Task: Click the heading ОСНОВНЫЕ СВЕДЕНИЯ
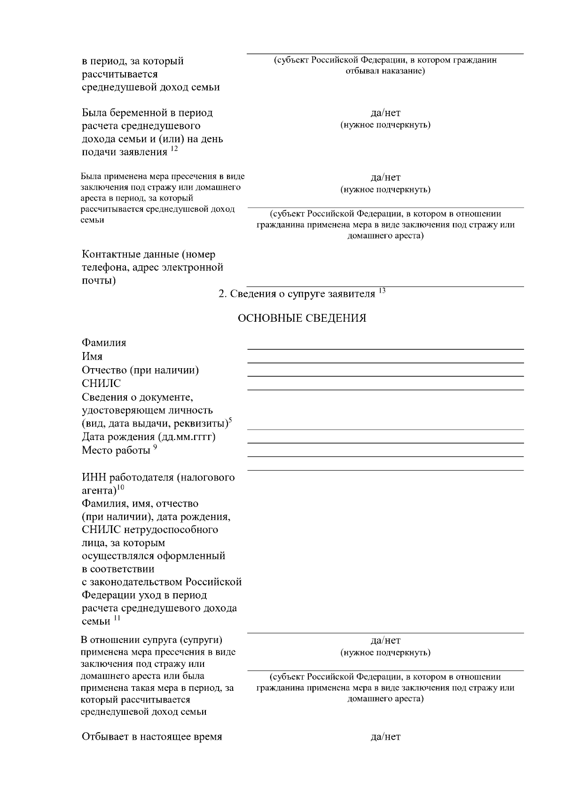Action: point(302,318)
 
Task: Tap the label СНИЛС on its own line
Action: point(101,384)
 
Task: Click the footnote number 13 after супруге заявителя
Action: point(382,291)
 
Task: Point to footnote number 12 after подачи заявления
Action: point(174,149)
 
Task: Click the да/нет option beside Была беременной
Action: point(385,113)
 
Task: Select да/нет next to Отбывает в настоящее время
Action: point(385,736)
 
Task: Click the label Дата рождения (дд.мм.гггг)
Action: point(149,437)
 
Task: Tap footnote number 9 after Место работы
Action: point(155,447)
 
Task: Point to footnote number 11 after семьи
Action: point(117,618)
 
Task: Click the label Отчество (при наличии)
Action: point(140,370)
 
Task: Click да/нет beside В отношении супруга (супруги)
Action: point(385,641)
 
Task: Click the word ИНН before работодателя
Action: point(94,478)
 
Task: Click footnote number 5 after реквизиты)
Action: point(230,419)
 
